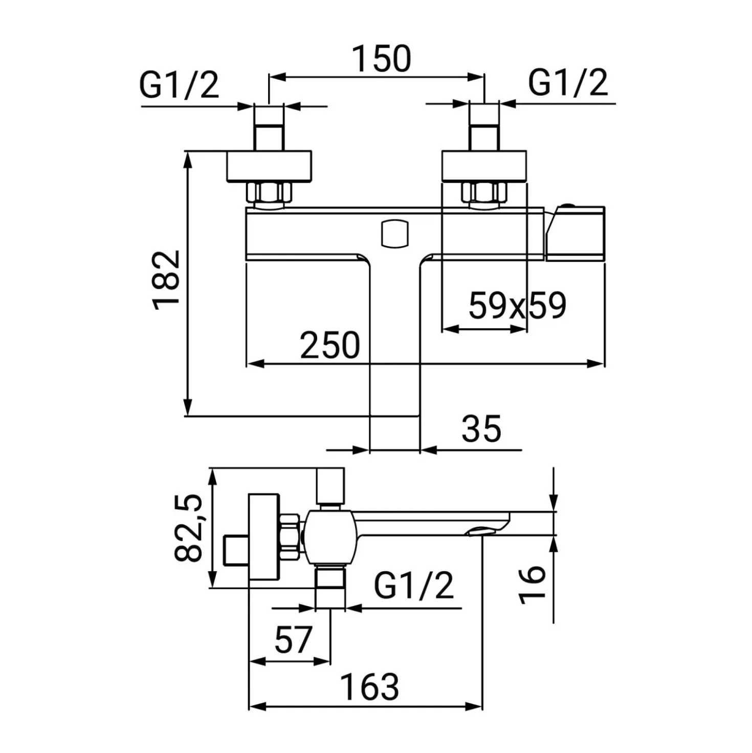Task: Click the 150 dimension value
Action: coord(382,59)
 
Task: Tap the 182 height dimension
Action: coord(167,280)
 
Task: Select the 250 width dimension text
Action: coord(330,345)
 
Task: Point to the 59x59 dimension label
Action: coord(517,306)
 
